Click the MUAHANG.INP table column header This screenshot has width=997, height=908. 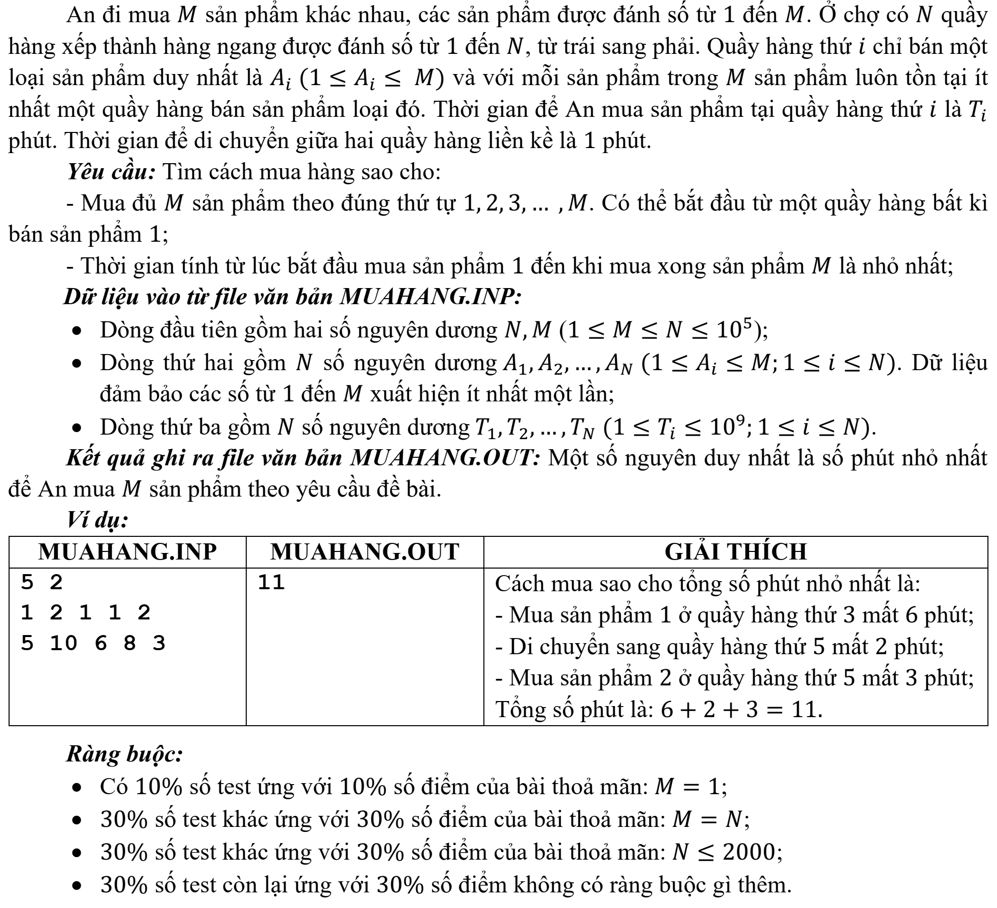(x=127, y=552)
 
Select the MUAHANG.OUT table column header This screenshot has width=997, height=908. (x=365, y=552)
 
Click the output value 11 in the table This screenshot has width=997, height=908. (x=271, y=583)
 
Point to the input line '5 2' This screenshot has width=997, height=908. (x=42, y=583)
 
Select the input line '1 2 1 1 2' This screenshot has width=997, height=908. (x=86, y=613)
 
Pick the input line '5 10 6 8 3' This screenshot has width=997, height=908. (x=93, y=644)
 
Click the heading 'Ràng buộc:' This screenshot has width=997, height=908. (x=124, y=754)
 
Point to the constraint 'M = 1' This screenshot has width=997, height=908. (x=690, y=787)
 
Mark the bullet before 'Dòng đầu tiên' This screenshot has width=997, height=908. (x=77, y=332)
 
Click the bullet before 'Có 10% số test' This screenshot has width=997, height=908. (x=77, y=788)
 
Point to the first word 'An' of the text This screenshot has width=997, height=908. (x=80, y=16)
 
